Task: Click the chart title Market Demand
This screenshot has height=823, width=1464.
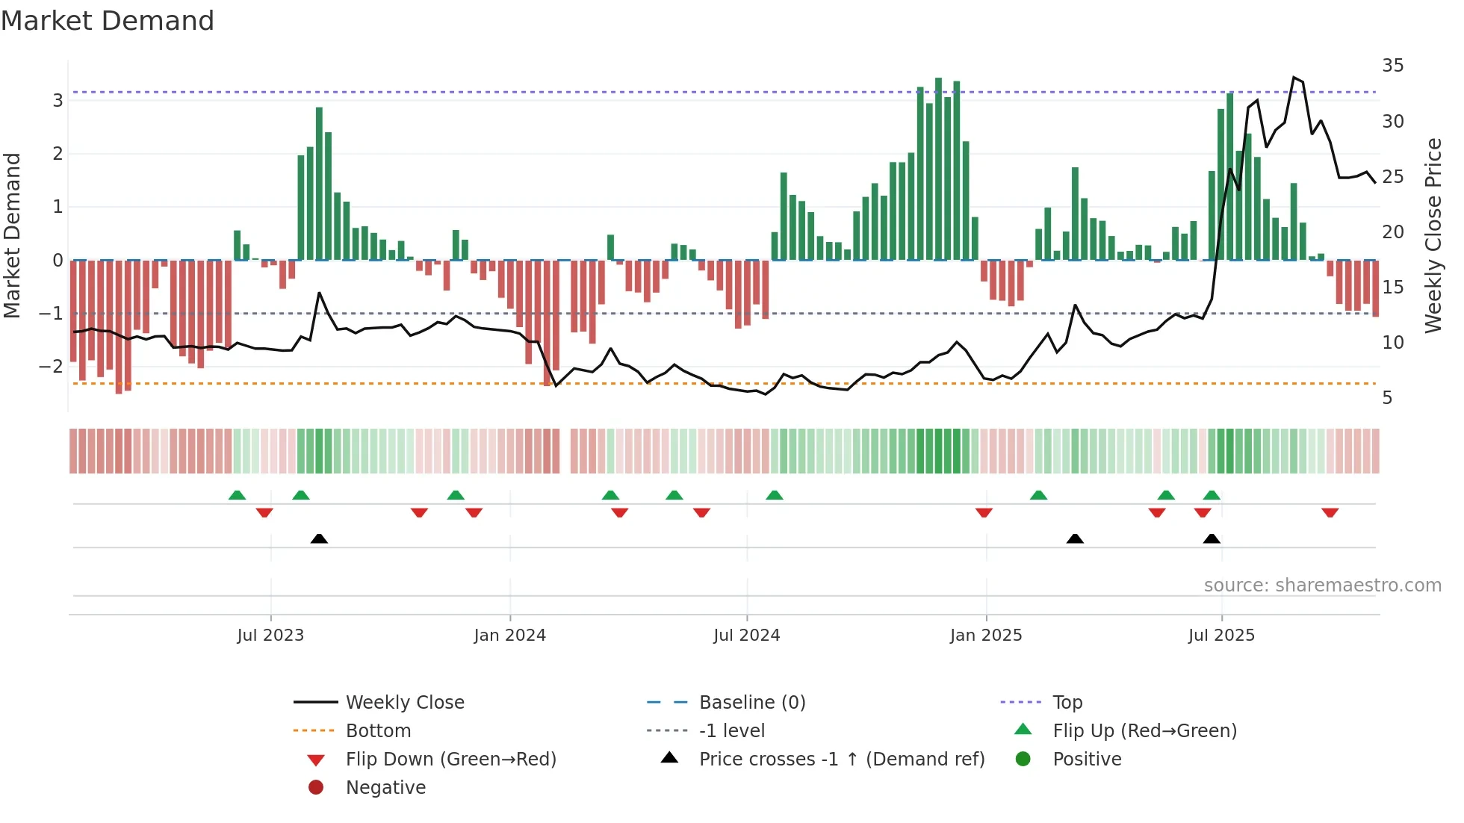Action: coord(108,21)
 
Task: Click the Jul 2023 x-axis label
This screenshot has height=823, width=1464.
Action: coord(270,636)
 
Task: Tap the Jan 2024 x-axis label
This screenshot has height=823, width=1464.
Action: coord(510,636)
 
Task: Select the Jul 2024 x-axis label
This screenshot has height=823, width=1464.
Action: coord(746,636)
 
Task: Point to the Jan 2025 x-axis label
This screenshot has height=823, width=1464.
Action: coord(986,636)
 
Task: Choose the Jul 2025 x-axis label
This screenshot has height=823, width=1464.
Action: coord(1221,636)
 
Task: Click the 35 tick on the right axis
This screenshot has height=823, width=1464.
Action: coord(1392,66)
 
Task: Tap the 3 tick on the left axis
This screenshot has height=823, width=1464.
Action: coord(58,100)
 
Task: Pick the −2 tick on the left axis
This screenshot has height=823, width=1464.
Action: coord(52,366)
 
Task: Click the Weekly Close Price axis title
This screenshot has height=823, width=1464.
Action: coord(1433,235)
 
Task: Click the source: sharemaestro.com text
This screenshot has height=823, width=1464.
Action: coord(1322,586)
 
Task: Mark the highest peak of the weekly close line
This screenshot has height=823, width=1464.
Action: coord(1294,78)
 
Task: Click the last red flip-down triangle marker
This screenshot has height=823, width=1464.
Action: coord(1330,512)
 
